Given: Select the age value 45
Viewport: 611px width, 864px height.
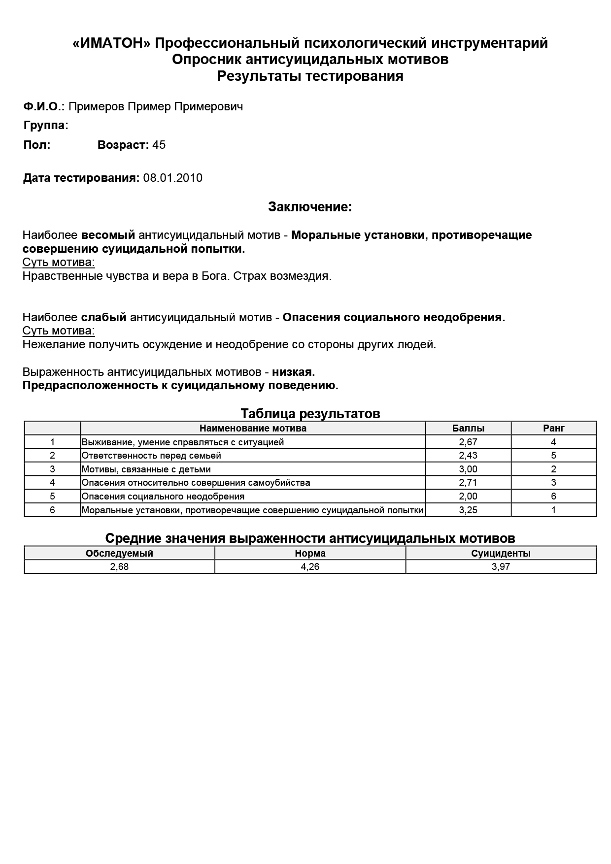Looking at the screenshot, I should (x=159, y=145).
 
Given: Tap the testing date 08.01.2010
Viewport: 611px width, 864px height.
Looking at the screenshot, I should (x=172, y=178).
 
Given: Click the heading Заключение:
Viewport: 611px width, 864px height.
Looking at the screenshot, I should (x=310, y=207).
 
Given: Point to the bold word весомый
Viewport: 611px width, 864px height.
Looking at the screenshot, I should (x=108, y=235).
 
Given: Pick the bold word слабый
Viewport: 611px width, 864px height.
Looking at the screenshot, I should (x=103, y=317).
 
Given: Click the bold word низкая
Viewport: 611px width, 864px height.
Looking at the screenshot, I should (x=293, y=372).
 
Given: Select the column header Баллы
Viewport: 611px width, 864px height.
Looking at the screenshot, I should (x=468, y=428).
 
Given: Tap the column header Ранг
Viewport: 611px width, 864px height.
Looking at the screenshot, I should (x=553, y=428).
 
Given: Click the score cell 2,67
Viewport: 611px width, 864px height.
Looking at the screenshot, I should (x=468, y=442).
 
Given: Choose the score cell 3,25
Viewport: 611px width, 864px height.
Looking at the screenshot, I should (x=468, y=510).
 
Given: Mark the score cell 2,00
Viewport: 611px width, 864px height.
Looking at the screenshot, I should (x=468, y=496).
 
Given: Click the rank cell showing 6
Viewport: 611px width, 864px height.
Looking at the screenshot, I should (x=553, y=496).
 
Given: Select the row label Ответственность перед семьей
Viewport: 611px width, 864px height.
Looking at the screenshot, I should (x=151, y=456).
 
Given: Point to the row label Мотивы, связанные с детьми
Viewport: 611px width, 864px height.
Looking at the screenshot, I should (x=146, y=469).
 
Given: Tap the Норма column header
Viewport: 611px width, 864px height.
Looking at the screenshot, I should (x=310, y=553).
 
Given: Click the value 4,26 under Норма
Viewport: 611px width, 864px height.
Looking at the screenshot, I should (x=310, y=566).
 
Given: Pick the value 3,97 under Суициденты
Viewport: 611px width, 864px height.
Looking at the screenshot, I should (x=501, y=566).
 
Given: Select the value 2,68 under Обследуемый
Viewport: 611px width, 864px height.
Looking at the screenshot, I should (x=119, y=566).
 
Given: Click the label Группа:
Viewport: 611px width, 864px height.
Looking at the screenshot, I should (x=46, y=125).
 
